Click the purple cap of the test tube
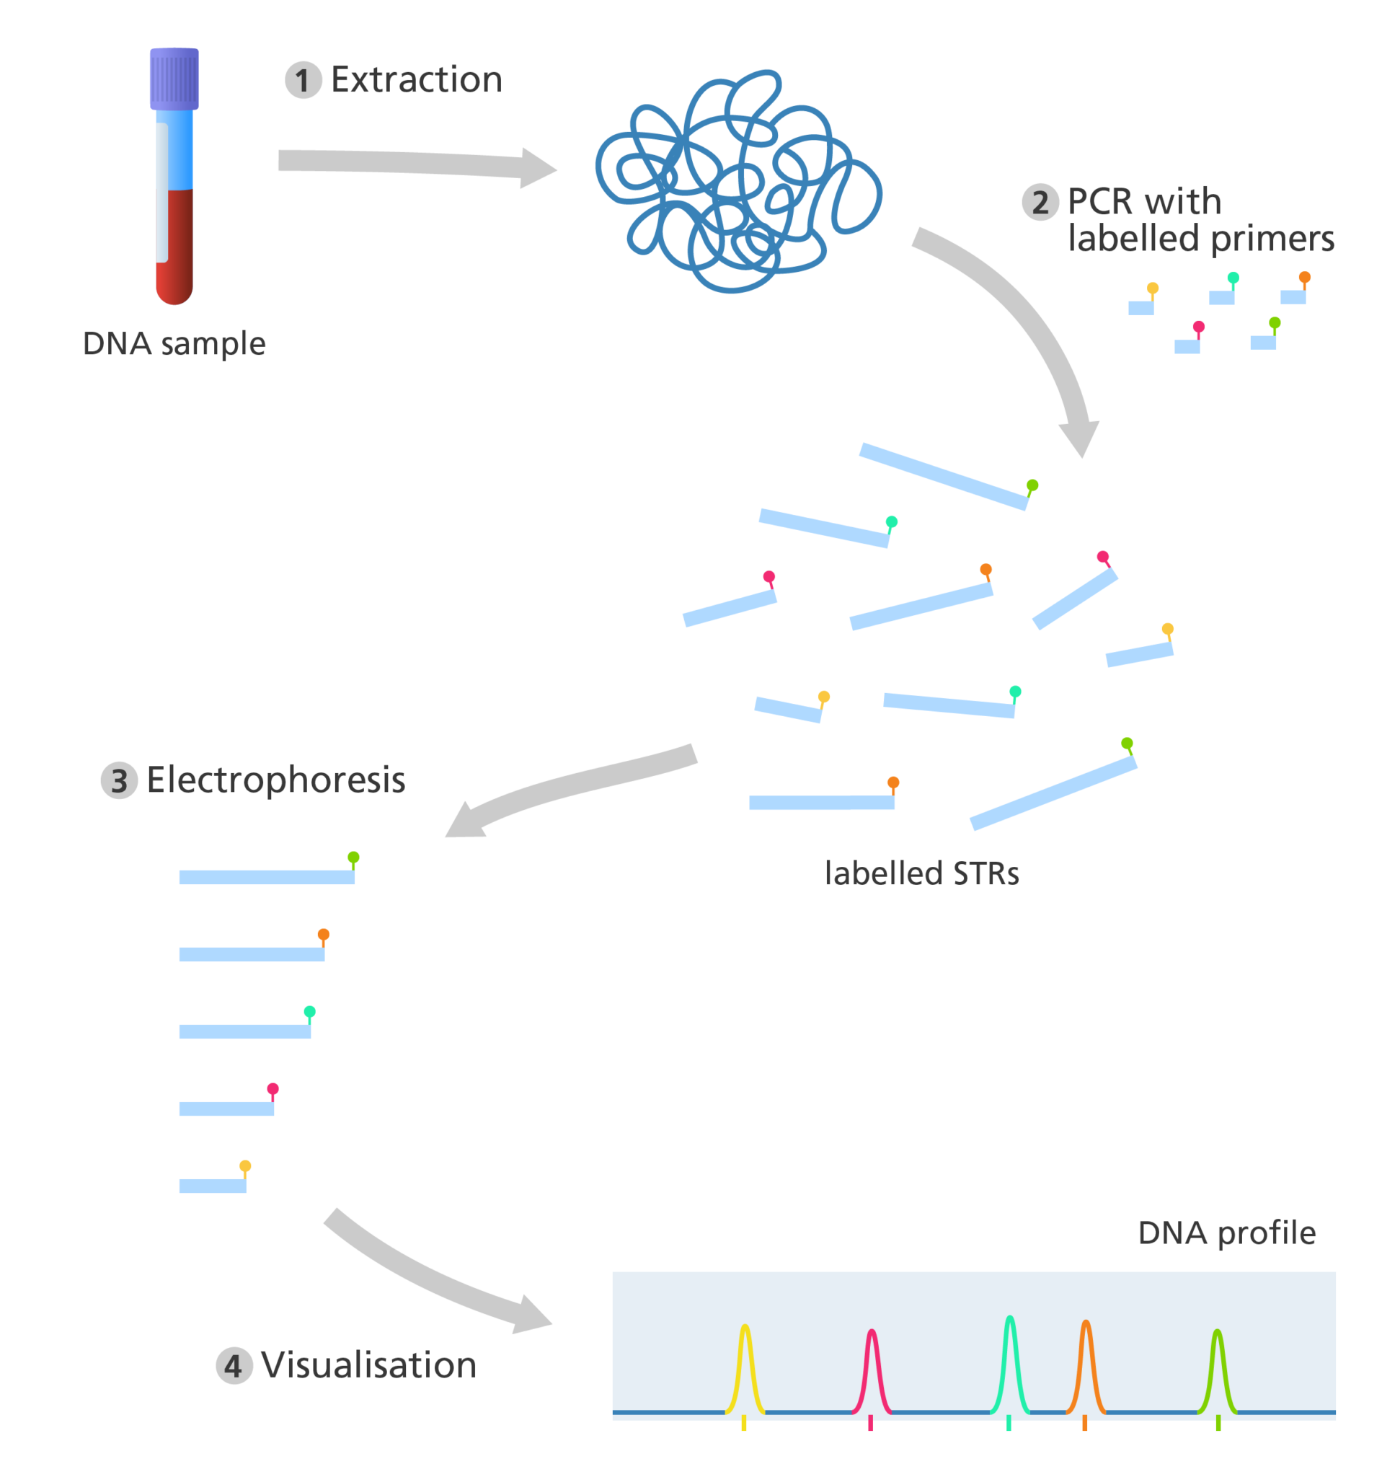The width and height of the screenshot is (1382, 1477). tap(174, 79)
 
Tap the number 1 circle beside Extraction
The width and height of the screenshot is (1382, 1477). tap(303, 80)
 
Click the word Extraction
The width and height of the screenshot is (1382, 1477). tap(417, 79)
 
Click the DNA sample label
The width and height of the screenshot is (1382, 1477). tap(174, 344)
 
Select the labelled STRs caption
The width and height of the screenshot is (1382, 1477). tap(921, 873)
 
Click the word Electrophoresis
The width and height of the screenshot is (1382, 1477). tap(275, 780)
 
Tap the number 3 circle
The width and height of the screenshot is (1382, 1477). tap(119, 782)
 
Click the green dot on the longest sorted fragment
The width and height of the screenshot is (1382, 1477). tap(353, 857)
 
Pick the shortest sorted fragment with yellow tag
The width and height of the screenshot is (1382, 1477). tap(213, 1186)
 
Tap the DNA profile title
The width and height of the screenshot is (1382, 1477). tap(1227, 1233)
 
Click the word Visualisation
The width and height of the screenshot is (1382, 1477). tap(368, 1365)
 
